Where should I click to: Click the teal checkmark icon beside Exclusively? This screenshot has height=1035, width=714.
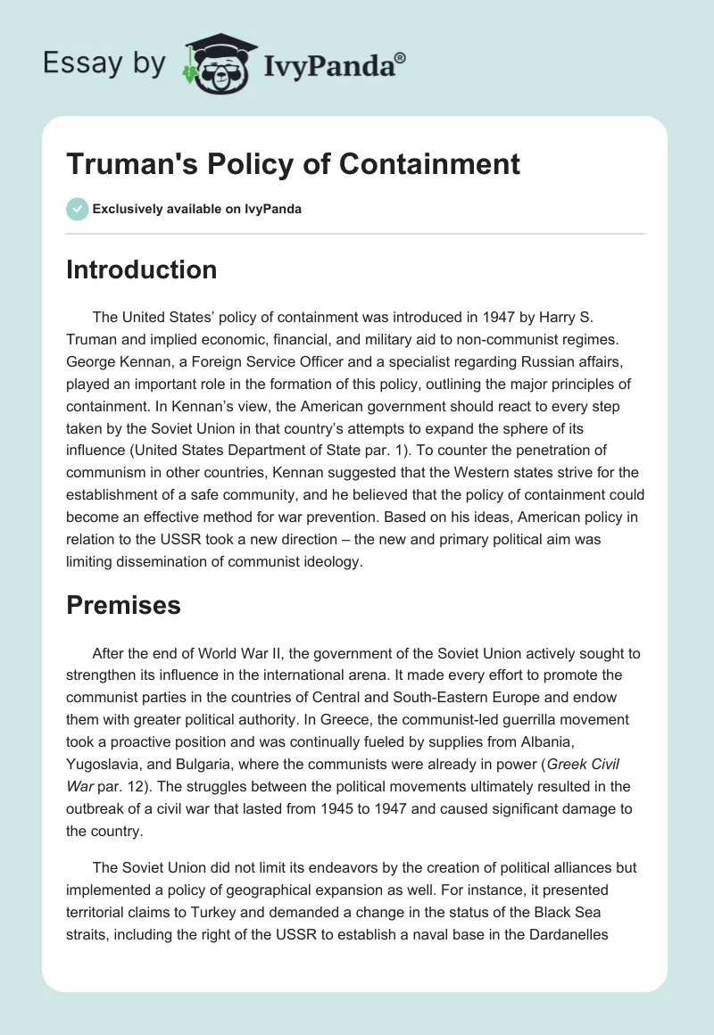pos(77,209)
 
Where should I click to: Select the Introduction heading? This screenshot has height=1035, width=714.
pos(141,269)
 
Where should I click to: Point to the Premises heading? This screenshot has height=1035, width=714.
pos(123,605)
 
